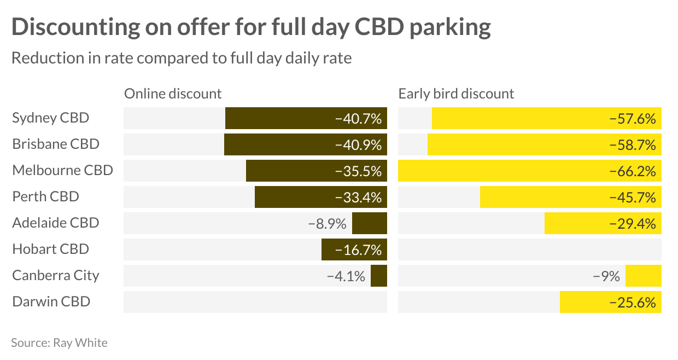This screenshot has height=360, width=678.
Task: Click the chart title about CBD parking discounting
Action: point(251,27)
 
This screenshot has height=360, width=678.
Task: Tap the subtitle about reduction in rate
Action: point(182,58)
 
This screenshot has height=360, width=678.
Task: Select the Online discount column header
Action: point(173,94)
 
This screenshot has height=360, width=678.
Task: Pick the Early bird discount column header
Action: point(456,94)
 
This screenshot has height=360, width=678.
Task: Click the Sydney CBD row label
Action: point(50,118)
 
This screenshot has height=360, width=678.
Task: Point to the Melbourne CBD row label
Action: point(62,170)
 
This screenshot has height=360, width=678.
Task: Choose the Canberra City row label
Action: point(56,275)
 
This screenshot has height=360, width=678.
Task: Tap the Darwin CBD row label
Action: point(51,301)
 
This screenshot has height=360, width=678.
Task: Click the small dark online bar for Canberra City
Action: point(378,276)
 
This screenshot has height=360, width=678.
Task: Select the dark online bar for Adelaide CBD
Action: point(369,223)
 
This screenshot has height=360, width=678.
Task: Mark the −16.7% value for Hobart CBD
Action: point(358,249)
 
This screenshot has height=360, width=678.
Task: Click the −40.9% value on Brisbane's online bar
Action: point(358,144)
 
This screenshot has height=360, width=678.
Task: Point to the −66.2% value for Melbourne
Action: point(633,171)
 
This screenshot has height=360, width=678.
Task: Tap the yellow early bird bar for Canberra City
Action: point(643,276)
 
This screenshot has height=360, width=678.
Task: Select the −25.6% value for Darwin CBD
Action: point(633,302)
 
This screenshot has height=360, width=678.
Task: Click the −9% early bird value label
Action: point(606,276)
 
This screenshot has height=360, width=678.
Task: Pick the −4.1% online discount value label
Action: point(346,276)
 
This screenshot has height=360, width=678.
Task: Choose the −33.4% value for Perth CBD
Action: point(358,197)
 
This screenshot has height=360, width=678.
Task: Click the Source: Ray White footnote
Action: point(59,343)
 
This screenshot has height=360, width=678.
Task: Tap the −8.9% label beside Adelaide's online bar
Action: point(328,224)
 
